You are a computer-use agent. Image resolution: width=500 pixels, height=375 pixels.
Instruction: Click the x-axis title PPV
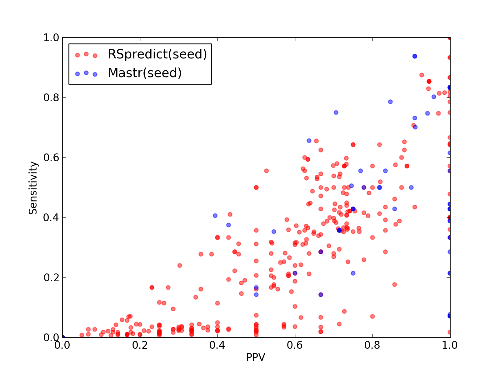(255, 357)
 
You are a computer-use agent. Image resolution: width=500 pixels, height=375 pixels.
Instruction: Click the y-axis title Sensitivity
(33, 188)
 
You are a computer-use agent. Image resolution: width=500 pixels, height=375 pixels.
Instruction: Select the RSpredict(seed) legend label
(157, 54)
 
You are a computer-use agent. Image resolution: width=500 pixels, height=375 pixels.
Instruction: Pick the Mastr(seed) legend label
(145, 73)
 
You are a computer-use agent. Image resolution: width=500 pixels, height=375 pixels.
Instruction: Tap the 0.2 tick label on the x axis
(140, 345)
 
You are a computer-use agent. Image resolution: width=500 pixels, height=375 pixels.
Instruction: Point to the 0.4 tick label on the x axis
(217, 345)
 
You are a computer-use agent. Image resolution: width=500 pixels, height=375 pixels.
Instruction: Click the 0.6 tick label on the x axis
(295, 345)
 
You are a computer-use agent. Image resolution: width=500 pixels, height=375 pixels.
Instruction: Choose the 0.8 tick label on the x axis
(372, 345)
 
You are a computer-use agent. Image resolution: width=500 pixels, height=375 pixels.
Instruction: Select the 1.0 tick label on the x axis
(450, 345)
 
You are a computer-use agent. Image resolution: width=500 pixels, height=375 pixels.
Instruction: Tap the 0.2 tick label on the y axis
(51, 277)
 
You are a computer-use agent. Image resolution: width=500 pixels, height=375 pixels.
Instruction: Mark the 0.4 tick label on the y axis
(51, 218)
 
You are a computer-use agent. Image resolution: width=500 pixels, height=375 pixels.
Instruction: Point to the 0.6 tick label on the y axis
(51, 157)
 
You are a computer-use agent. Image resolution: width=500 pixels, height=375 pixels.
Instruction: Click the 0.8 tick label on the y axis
(51, 98)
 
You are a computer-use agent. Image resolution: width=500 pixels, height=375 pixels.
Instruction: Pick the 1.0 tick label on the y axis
(51, 37)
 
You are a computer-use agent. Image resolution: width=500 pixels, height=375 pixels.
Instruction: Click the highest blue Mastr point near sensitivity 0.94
(415, 56)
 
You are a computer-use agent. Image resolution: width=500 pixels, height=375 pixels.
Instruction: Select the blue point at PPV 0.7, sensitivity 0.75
(336, 112)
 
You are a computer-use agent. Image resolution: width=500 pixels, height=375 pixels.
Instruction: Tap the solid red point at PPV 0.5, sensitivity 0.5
(256, 187)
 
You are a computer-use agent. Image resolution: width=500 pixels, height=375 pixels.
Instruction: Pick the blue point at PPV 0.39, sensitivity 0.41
(215, 216)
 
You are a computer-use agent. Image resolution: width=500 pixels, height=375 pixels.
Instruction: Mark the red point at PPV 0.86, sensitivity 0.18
(395, 285)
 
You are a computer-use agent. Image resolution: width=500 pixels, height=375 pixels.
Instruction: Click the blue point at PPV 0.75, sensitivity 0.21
(353, 273)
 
